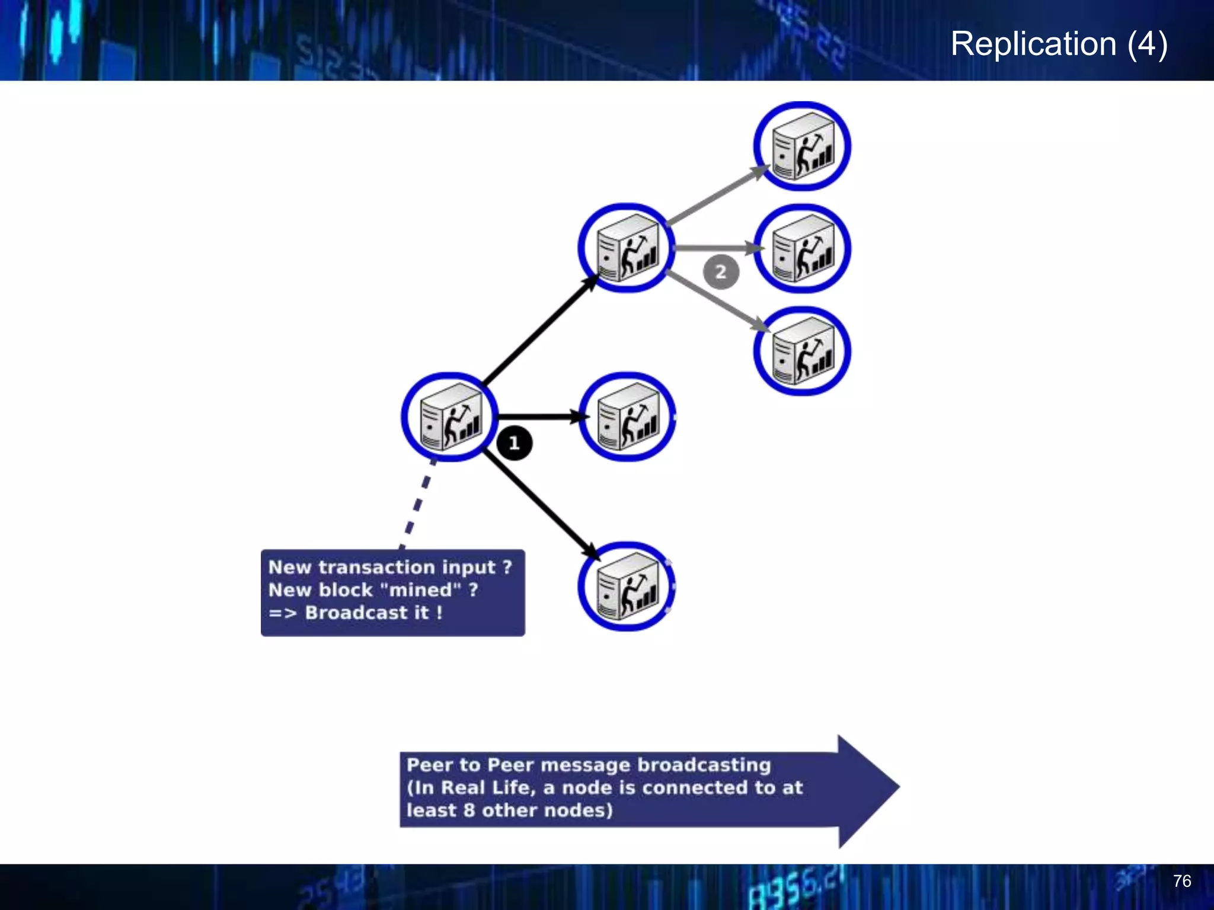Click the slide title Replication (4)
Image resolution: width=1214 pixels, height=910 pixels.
tap(1059, 44)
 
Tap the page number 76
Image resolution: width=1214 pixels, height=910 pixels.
tap(1181, 881)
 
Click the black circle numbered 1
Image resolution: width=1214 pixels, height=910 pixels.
tap(514, 443)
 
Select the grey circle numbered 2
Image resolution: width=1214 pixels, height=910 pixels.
tap(720, 272)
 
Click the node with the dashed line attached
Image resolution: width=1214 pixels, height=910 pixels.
tap(450, 417)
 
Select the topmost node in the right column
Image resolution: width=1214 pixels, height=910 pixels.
tap(802, 146)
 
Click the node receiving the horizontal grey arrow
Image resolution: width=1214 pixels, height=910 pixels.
tap(802, 249)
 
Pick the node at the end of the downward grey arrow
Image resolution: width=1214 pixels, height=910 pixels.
tap(802, 351)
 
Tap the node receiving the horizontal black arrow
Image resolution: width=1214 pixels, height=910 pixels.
tap(627, 417)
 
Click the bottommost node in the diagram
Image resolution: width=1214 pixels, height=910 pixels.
tap(627, 587)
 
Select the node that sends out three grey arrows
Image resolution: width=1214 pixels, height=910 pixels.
tap(627, 248)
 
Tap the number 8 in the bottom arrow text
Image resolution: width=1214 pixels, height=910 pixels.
tap(469, 810)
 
